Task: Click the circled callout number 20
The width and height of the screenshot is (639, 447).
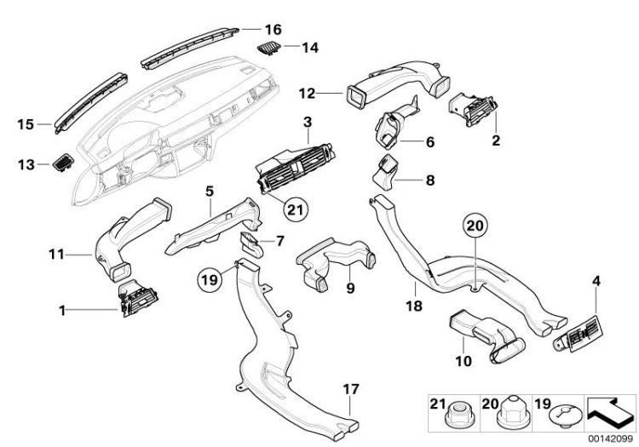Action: (x=476, y=226)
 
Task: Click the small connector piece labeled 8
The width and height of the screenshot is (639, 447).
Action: (x=388, y=174)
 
